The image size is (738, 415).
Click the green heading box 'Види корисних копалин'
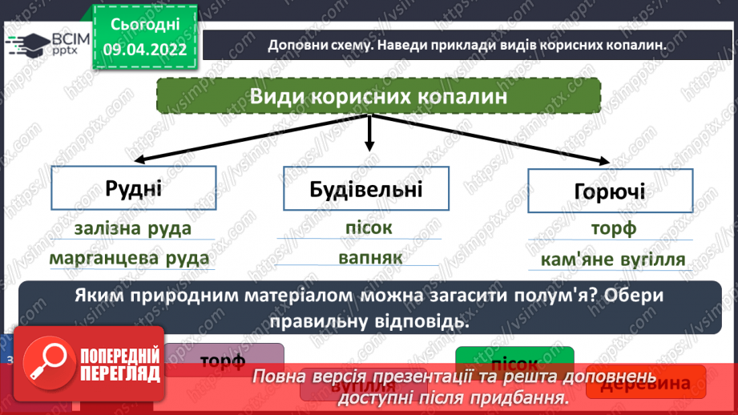click(378, 98)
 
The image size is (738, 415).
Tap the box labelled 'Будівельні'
click(365, 191)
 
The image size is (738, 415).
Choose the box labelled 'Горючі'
click(609, 191)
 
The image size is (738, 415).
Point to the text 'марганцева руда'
click(129, 259)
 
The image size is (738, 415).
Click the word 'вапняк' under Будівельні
click(365, 258)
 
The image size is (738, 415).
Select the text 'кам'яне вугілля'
click(612, 260)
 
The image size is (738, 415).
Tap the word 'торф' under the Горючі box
click(613, 229)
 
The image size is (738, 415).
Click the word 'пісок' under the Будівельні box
click(365, 228)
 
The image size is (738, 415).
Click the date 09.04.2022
click(144, 49)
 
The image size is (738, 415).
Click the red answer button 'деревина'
click(646, 383)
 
